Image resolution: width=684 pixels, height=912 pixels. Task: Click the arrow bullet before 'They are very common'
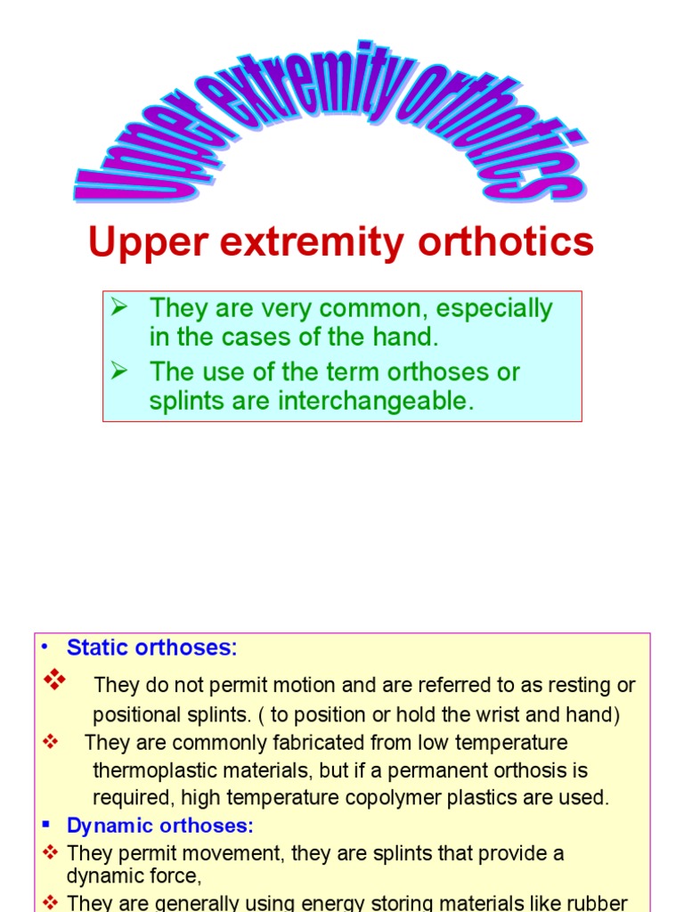pos(120,308)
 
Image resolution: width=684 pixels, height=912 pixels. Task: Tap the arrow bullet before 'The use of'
pos(120,370)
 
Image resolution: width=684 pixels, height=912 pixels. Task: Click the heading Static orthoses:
pos(152,647)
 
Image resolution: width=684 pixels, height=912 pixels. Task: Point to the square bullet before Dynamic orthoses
pos(50,826)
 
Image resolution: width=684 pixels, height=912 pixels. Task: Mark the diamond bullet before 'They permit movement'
pos(51,853)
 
